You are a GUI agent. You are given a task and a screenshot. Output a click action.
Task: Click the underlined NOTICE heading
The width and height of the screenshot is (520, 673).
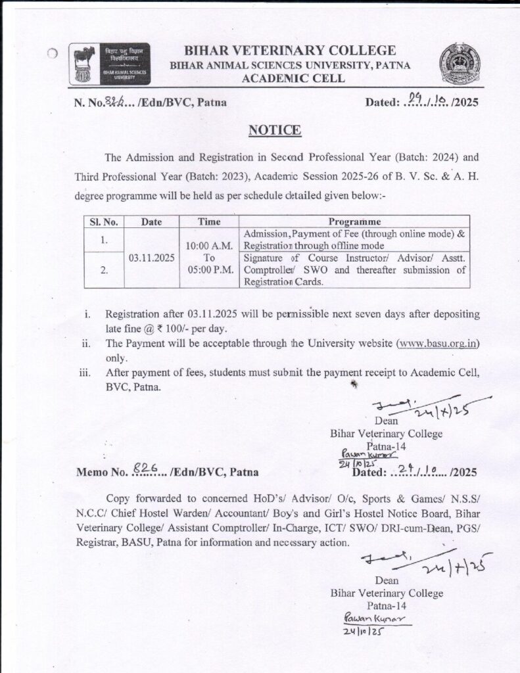(275, 130)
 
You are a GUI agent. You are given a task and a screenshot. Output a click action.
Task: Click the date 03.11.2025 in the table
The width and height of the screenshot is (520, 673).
(151, 258)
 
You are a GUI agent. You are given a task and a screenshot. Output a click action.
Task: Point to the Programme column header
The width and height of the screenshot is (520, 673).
(354, 221)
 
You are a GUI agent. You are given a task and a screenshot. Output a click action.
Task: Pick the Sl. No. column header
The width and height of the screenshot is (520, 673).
(103, 221)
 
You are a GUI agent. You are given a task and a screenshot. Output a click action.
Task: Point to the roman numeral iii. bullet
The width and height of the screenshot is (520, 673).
(85, 373)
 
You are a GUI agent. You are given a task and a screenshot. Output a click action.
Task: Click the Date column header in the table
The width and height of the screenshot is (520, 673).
(151, 221)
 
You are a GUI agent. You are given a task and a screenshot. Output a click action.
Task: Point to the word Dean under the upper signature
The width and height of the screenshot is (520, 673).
(386, 421)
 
